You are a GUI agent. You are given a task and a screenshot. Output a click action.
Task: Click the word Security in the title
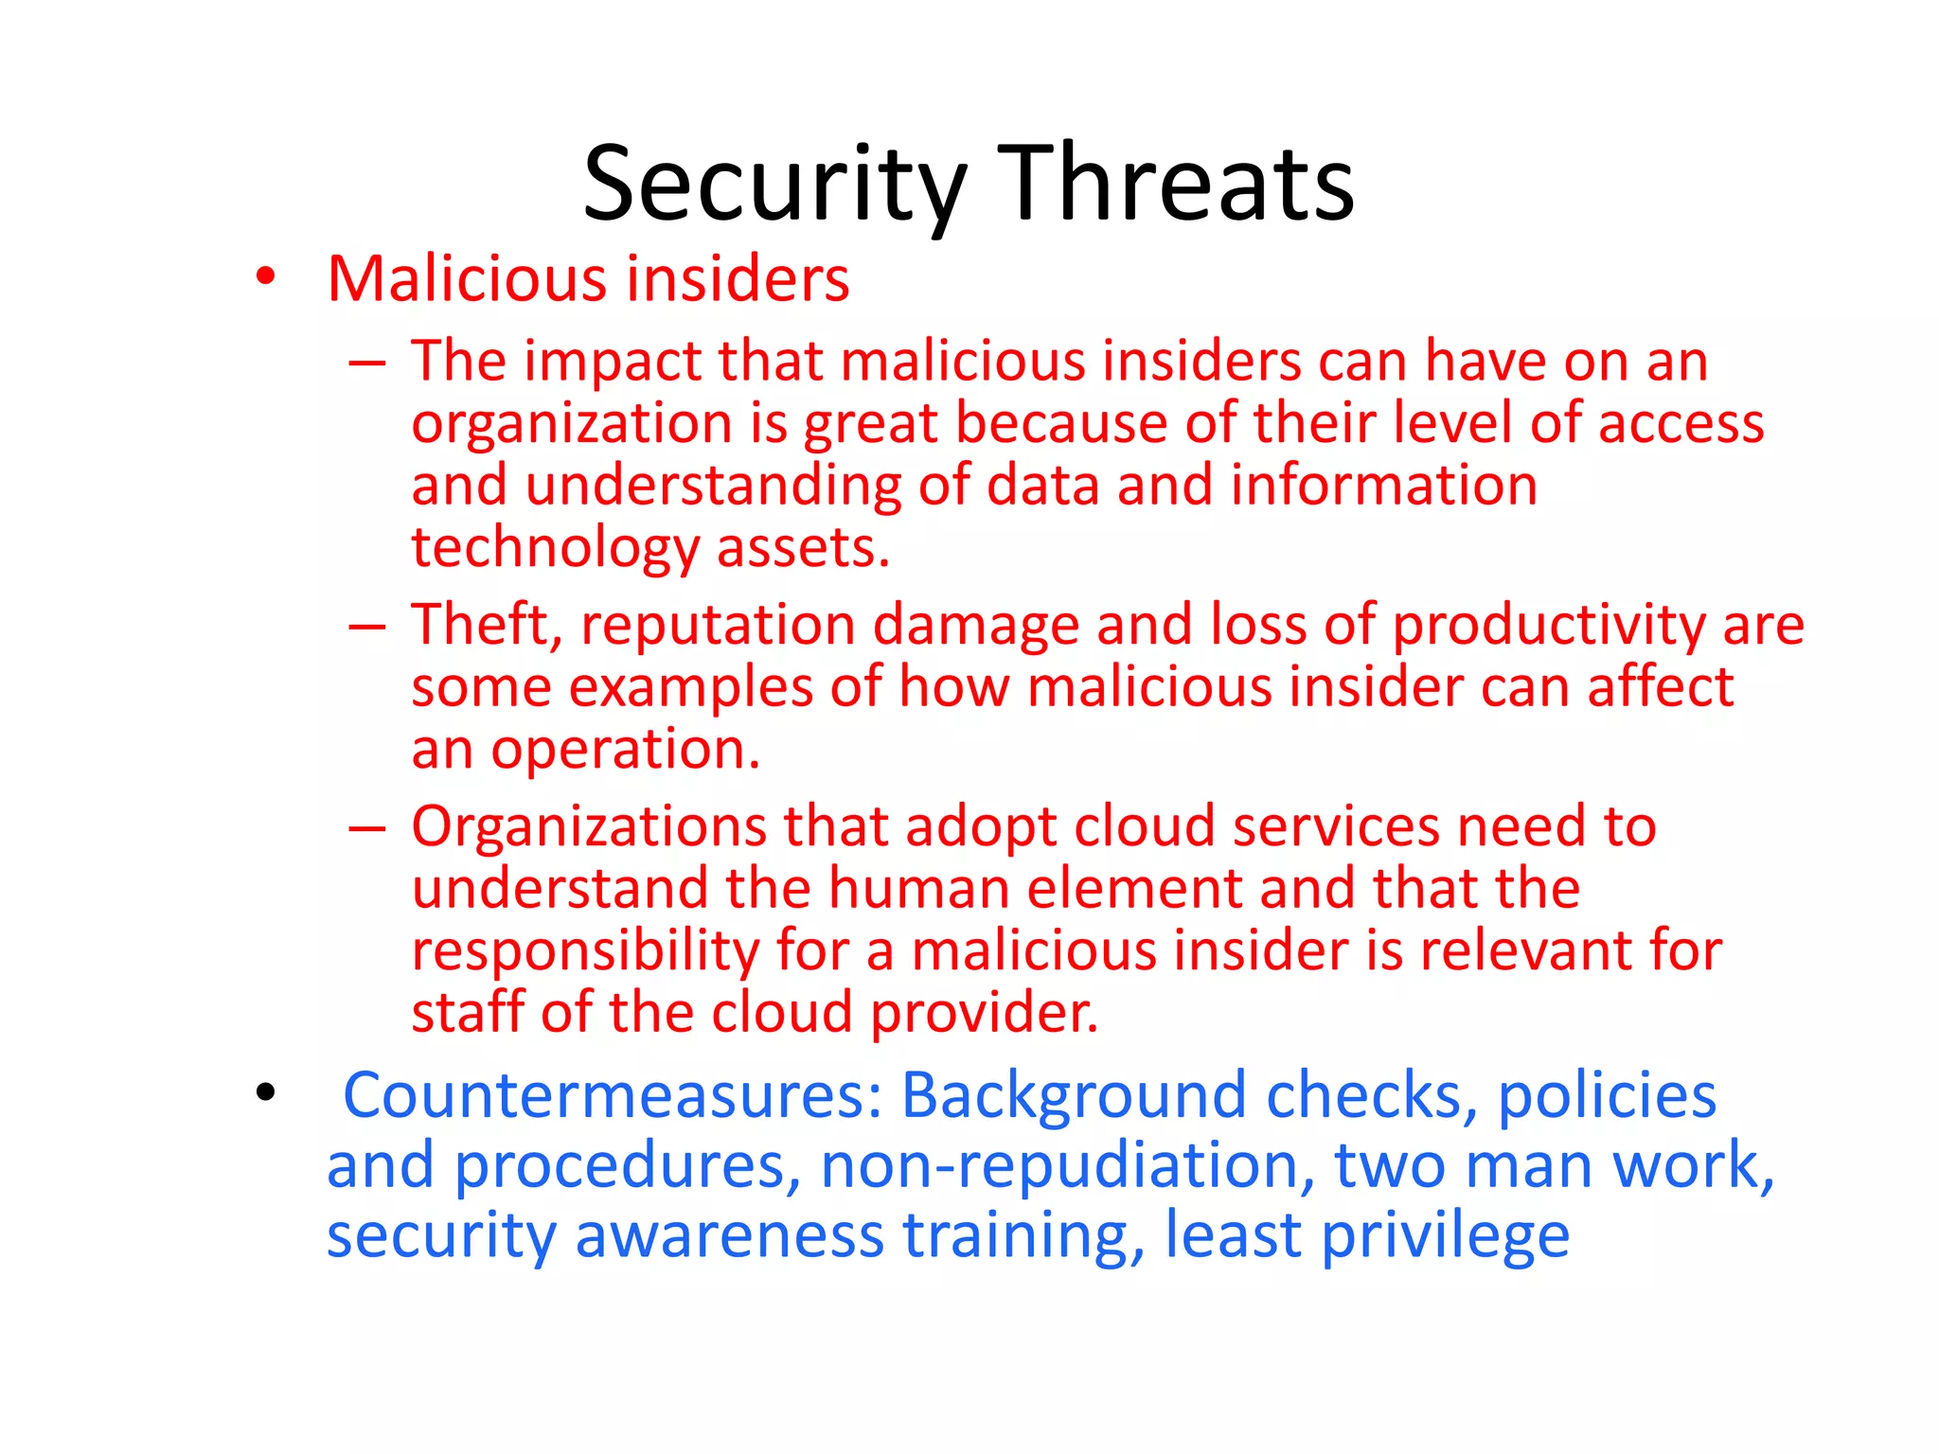[774, 185]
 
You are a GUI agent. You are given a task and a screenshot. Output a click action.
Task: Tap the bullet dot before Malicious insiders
[265, 277]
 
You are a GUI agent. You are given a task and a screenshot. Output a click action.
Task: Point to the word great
[870, 423]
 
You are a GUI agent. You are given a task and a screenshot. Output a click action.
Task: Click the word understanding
[713, 487]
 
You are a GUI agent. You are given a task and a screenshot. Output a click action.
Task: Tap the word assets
[803, 548]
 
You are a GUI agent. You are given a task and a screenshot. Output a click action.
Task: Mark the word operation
[625, 750]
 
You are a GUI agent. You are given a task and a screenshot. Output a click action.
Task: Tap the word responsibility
[584, 951]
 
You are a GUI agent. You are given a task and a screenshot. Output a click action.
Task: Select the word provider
[985, 1013]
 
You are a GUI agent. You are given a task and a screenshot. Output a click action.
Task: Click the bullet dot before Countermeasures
[265, 1093]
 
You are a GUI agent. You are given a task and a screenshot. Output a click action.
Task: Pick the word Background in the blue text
[1074, 1096]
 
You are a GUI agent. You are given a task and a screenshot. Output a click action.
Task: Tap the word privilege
[1445, 1236]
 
